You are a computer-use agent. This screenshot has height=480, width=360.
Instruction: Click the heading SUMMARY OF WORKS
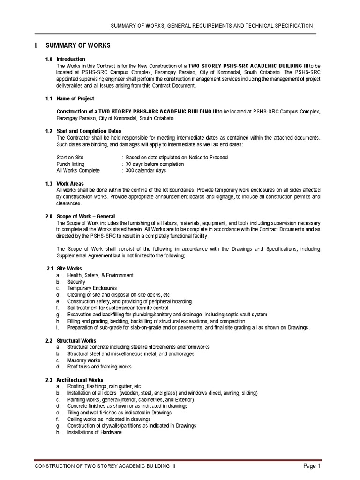coord(78,45)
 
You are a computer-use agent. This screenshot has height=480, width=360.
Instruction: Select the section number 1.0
coord(49,60)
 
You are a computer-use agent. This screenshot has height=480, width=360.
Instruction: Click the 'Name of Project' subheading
coord(75,98)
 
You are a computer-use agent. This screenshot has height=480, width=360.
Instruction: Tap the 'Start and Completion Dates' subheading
coord(89,131)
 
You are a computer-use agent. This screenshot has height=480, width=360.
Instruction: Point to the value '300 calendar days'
coord(145,171)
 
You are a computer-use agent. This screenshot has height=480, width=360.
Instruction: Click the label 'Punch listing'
coord(71,164)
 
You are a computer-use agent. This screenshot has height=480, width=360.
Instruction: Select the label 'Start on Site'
coord(70,157)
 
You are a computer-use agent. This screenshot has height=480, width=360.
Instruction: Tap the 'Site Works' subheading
coord(69,269)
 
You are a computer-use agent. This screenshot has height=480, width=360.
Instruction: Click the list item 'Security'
coord(76,282)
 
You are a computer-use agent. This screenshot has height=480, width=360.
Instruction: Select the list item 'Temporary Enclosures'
coord(92,288)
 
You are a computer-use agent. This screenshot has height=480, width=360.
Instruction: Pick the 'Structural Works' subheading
coord(76,340)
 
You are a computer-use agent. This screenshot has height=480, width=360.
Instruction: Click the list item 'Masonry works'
coord(84,360)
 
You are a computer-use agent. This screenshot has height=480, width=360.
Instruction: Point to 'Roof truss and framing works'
coord(99,367)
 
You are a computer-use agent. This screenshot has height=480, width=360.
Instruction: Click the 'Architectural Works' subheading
coord(80,380)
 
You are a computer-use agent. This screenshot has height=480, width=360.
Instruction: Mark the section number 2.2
coord(49,340)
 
